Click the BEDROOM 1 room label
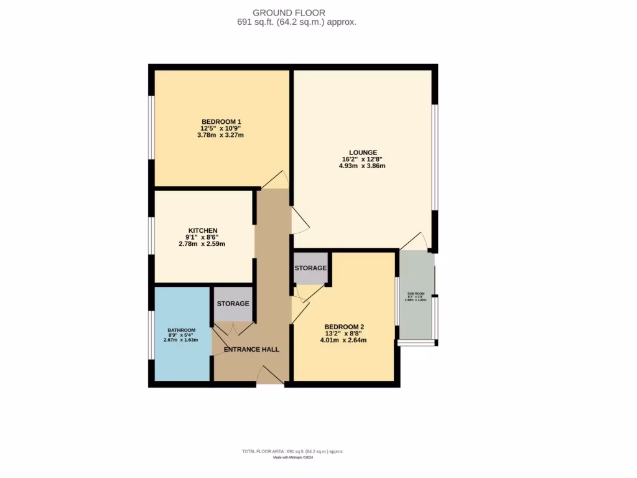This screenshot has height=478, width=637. click(x=221, y=121)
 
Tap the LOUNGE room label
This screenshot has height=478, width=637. click(x=363, y=152)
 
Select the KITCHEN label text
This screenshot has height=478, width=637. click(x=203, y=231)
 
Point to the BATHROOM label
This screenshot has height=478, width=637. click(x=182, y=330)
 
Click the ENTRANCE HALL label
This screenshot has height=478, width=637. click(x=251, y=349)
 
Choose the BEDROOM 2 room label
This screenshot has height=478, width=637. click(x=344, y=327)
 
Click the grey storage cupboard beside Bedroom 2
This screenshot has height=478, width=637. click(x=310, y=268)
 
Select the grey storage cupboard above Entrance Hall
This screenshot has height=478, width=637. click(x=233, y=304)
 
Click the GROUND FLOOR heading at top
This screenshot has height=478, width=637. click(x=288, y=12)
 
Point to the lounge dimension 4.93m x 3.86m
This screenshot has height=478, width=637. click(x=362, y=166)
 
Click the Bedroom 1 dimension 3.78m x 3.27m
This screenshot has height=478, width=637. click(x=221, y=135)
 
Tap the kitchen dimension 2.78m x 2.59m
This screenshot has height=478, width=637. click(x=203, y=244)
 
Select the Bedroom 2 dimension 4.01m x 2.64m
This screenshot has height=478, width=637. click(x=343, y=340)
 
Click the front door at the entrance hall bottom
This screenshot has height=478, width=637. click(x=270, y=376)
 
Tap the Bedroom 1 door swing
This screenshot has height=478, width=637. click(x=275, y=180)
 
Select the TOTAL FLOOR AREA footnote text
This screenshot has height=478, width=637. click(x=292, y=451)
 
